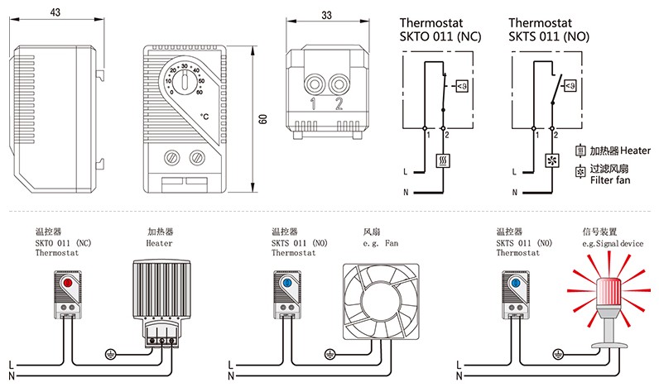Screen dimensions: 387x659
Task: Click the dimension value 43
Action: pos(54,12)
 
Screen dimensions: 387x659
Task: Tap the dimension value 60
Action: pos(262,119)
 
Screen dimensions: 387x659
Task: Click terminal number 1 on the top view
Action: pos(314,103)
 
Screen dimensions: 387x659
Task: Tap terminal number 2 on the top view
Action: pos(338,103)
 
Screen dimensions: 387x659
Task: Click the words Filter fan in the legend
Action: pos(612,179)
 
